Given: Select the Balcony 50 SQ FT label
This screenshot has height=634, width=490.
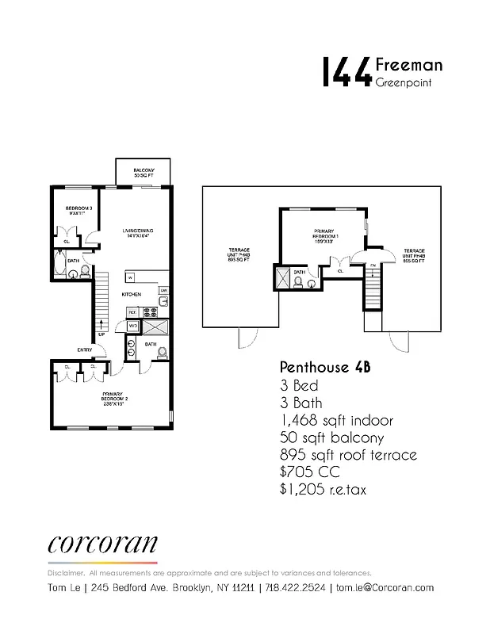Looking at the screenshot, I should click(x=144, y=172).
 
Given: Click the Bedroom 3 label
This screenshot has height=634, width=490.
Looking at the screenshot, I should click(x=79, y=211).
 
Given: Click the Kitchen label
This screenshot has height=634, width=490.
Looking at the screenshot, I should click(x=132, y=295).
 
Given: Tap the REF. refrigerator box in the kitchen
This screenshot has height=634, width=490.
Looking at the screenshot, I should click(x=132, y=312).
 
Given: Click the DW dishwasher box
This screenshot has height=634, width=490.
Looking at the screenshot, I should click(x=163, y=292).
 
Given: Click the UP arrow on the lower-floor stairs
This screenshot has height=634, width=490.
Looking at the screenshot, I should click(x=101, y=326).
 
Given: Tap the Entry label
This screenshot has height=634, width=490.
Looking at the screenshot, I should click(x=85, y=349).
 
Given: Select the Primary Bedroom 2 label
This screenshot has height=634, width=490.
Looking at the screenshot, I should click(x=113, y=399).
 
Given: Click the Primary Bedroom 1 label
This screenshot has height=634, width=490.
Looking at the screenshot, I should click(x=326, y=235).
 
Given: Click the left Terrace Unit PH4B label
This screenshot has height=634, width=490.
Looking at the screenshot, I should click(x=239, y=255).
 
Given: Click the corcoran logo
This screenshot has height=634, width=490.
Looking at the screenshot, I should click(x=102, y=545).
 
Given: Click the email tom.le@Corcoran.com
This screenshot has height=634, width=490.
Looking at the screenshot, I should click(x=385, y=587).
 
